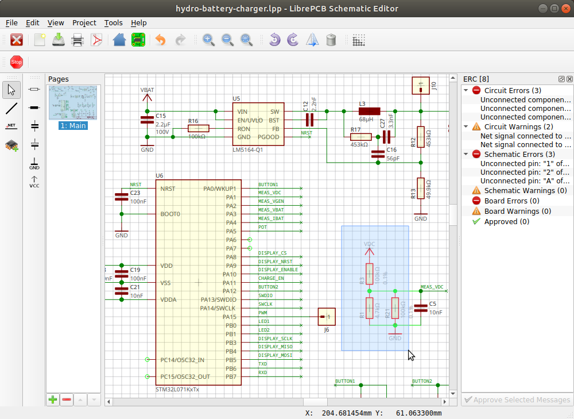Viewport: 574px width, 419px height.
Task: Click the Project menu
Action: click(84, 23)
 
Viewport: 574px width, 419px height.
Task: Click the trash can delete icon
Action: click(331, 40)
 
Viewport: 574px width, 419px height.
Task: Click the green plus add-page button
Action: click(53, 399)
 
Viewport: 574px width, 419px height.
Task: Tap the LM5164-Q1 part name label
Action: click(247, 149)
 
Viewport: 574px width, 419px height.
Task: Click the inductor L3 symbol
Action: click(369, 112)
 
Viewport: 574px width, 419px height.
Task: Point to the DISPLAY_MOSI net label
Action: click(275, 355)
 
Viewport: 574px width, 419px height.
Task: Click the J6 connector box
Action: click(327, 316)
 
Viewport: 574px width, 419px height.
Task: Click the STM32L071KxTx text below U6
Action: click(177, 389)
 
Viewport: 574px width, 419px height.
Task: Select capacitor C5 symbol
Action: click(421, 308)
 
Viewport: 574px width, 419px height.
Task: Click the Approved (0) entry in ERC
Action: click(506, 221)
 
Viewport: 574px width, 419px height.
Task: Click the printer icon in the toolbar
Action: click(77, 40)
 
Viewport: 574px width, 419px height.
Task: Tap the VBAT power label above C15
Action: click(147, 90)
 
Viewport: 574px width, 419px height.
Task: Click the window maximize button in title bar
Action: click(554, 8)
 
